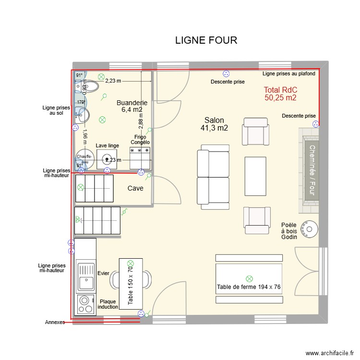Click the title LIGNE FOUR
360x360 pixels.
[206, 40]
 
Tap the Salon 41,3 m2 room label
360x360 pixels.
[214, 124]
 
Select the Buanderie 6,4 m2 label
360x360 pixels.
[132, 106]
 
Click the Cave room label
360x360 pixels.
[135, 189]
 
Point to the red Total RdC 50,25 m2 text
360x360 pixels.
[280, 94]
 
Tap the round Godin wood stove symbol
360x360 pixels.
[309, 228]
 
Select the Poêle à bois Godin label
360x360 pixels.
[289, 231]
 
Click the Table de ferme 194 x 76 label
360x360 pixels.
[249, 287]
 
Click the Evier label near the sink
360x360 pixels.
[103, 273]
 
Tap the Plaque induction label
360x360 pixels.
[108, 304]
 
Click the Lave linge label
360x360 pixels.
[107, 145]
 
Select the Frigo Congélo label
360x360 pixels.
[140, 140]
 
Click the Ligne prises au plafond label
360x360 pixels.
[289, 73]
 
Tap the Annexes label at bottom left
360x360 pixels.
[54, 322]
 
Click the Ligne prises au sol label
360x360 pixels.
[56, 111]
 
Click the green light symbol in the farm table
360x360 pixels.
[249, 278]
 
